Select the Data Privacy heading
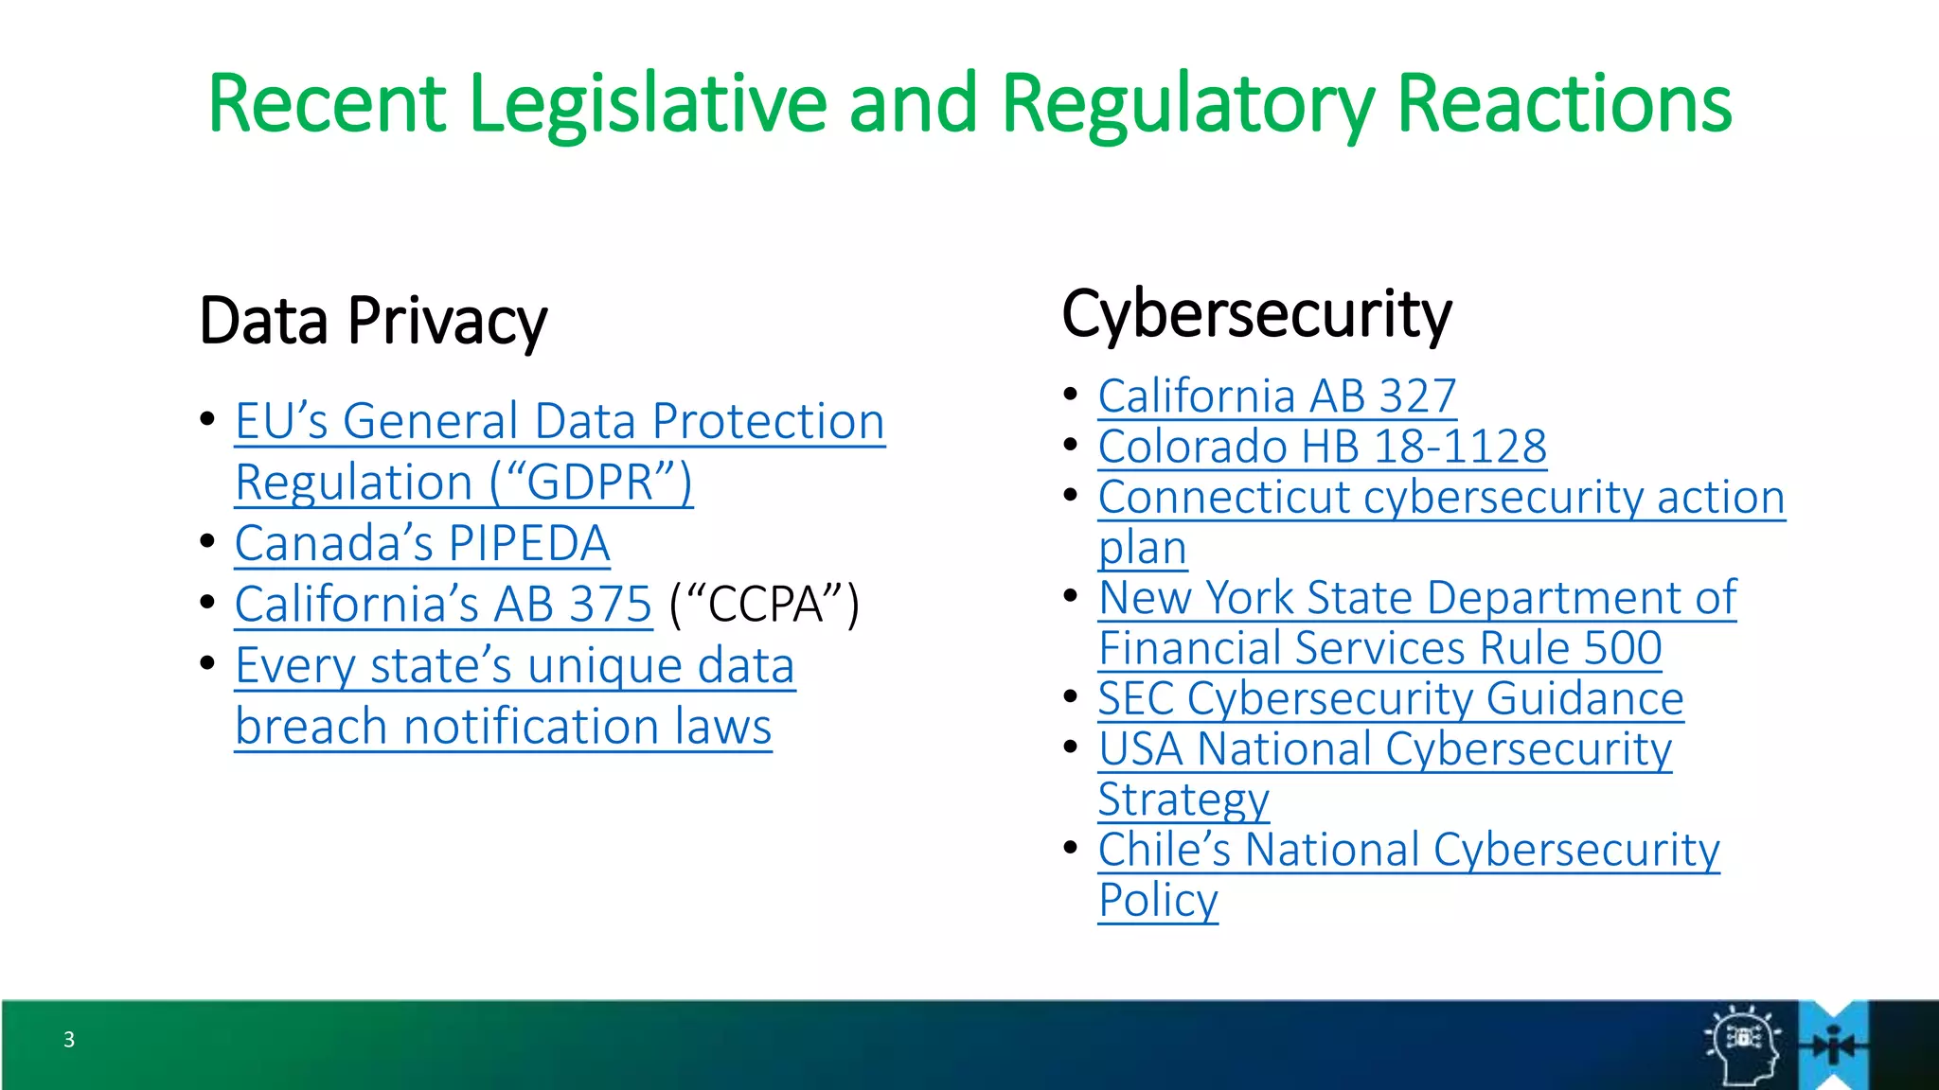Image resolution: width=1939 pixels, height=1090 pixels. point(373,321)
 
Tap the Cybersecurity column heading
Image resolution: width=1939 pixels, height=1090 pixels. point(1256,314)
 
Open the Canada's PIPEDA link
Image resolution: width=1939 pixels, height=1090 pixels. point(422,544)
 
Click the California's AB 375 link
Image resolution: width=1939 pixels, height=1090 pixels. point(443,605)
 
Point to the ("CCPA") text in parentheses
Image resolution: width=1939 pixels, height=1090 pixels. point(764,605)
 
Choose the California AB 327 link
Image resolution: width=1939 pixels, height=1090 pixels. point(1276,396)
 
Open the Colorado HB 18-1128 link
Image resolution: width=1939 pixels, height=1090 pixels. point(1322,447)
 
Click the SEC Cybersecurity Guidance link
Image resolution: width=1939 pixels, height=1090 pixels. point(1390,699)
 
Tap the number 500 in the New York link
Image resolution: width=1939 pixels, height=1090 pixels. point(1623,649)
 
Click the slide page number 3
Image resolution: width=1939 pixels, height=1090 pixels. point(69,1040)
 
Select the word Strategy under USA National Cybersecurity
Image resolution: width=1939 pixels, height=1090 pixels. point(1183,800)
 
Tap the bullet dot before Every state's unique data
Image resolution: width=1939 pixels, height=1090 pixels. point(207,662)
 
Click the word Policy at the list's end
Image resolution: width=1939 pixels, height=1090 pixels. point(1157,901)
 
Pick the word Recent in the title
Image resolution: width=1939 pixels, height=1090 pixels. point(326,104)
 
